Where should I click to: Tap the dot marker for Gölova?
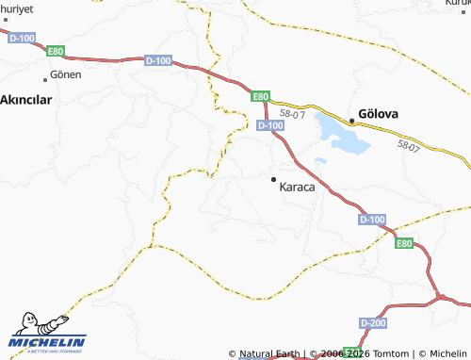351,120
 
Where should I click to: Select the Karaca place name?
298,187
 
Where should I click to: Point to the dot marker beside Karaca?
273,178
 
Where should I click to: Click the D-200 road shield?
372,324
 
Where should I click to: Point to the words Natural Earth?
271,354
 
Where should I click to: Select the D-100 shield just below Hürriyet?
21,38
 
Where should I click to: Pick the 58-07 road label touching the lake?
293,115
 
